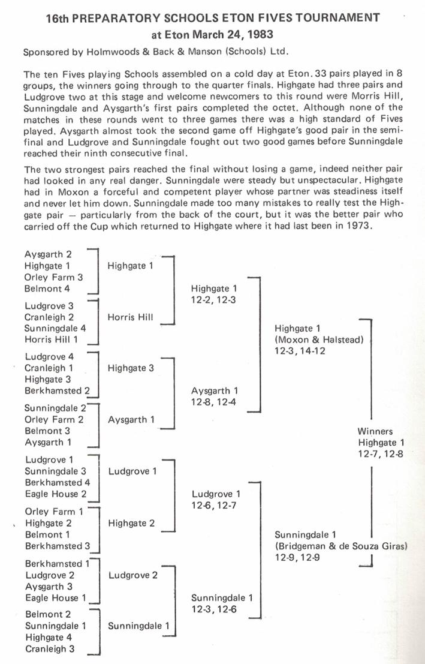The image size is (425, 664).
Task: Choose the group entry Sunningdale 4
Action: pos(55,328)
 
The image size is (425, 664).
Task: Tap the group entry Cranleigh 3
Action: pos(50,648)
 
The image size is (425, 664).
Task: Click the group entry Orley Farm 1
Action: pos(54,512)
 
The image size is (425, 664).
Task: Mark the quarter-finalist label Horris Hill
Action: pos(130,317)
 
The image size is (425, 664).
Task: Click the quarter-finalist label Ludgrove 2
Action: pos(133,575)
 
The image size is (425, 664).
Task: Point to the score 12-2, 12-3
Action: pos(214,300)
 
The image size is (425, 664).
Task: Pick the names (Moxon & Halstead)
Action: pos(319,340)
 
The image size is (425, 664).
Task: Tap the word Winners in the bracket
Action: pos(375,431)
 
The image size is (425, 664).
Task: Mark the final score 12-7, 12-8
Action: pos(380,454)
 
